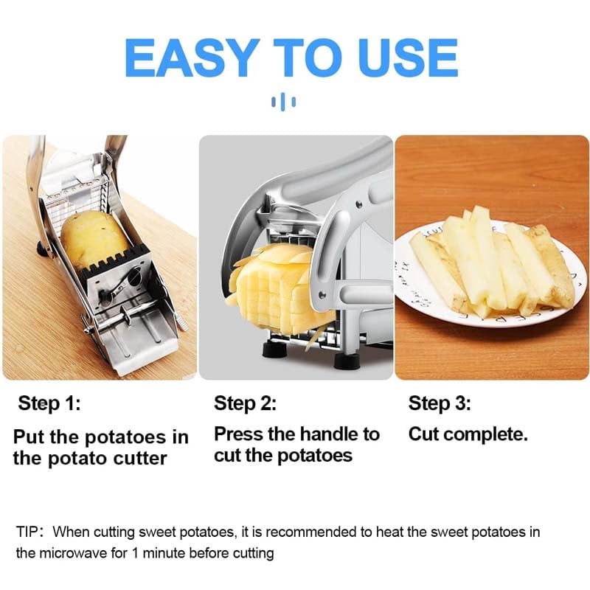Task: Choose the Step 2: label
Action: (x=245, y=403)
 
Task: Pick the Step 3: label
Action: (x=440, y=403)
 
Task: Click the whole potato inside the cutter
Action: (x=94, y=237)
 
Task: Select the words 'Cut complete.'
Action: (x=468, y=434)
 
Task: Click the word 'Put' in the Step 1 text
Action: (x=29, y=437)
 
